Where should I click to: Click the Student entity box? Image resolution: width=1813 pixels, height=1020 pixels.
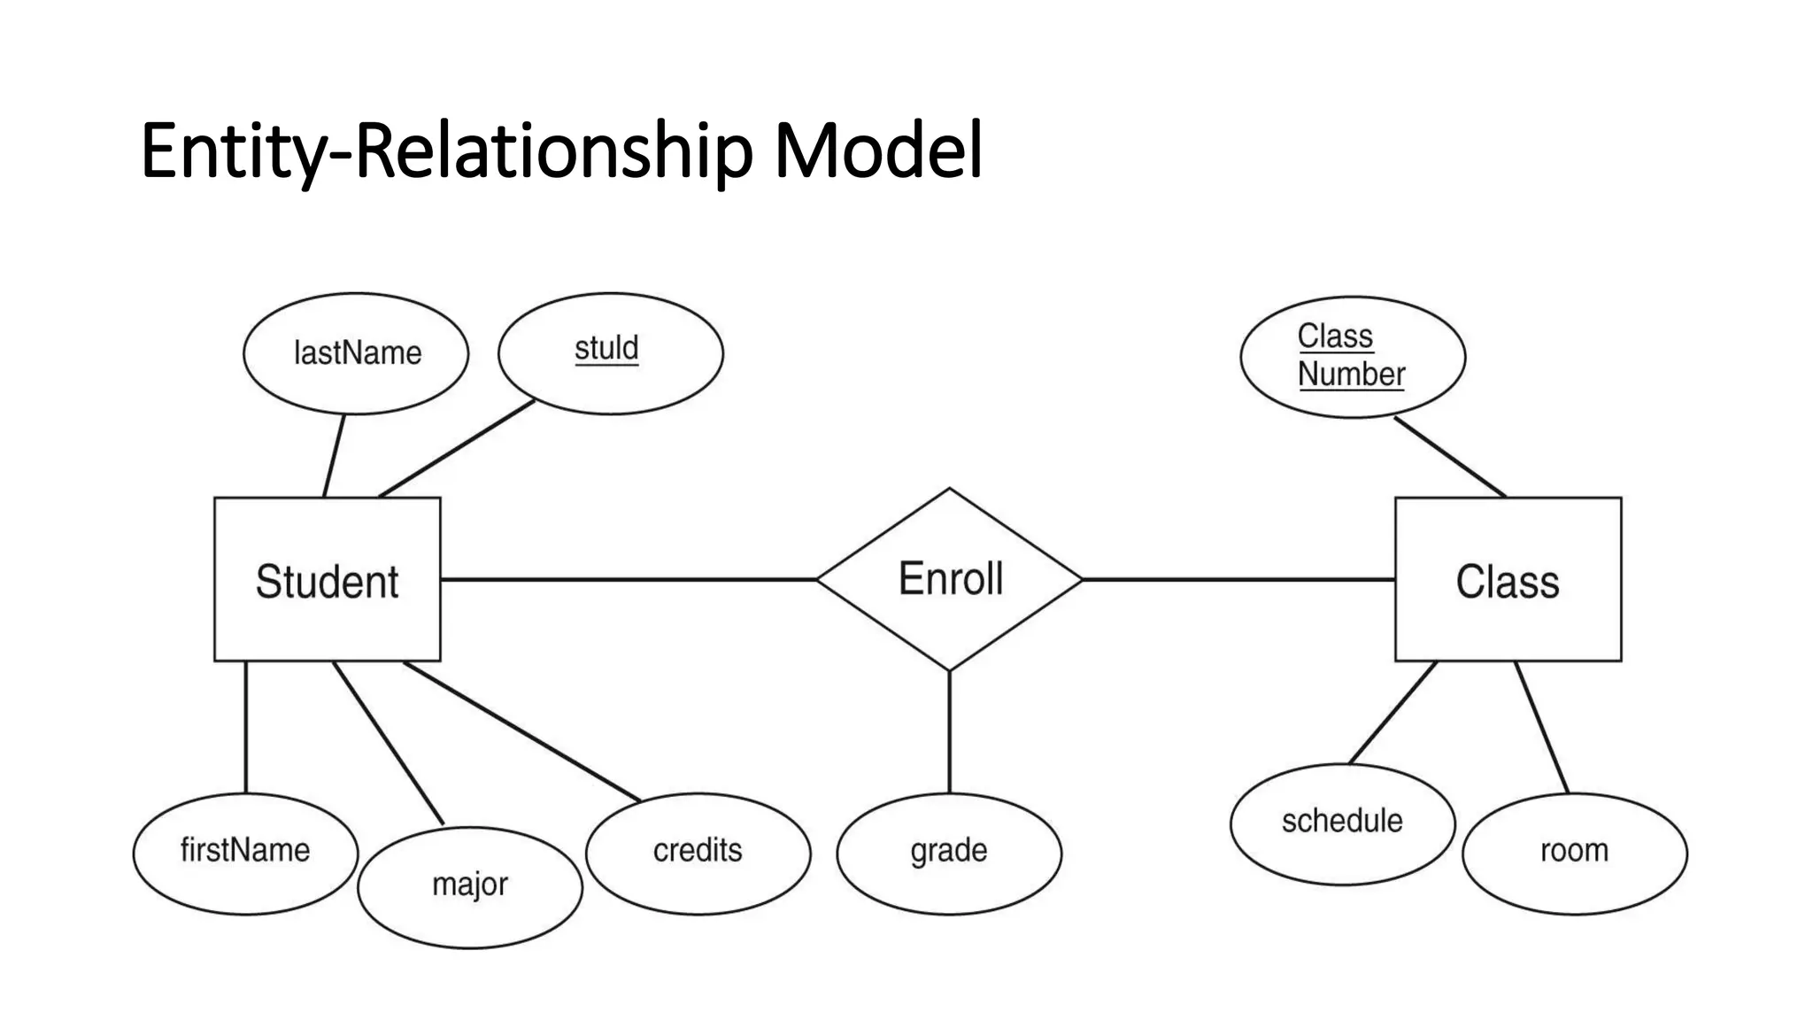coord(327,580)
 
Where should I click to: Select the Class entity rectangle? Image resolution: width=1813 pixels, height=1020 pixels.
coord(1508,580)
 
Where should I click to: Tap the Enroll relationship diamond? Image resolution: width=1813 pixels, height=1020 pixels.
coord(950,579)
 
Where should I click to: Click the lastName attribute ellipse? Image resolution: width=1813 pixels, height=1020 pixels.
coord(356,353)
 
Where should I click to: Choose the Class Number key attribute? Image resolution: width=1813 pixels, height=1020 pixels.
coord(1352,356)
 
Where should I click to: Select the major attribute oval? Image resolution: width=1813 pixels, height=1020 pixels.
coord(470,886)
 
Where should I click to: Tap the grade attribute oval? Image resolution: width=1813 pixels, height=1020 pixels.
coord(949,853)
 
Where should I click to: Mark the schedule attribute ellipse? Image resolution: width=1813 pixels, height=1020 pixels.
coord(1342,823)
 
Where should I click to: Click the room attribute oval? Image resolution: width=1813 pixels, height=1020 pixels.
coord(1574,853)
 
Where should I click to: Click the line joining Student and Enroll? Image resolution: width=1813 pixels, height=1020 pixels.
coord(629,580)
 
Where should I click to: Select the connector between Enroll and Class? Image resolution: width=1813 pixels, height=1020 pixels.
coord(1239,580)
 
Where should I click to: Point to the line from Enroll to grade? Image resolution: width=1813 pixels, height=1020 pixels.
coord(950,731)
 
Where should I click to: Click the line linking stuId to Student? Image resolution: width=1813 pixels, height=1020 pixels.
coord(457,448)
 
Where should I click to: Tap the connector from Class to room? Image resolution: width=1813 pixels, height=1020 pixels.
coord(1541,727)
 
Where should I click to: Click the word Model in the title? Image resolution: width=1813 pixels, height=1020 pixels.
coord(878,151)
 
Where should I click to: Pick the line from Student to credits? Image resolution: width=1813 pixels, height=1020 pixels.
coord(522,732)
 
